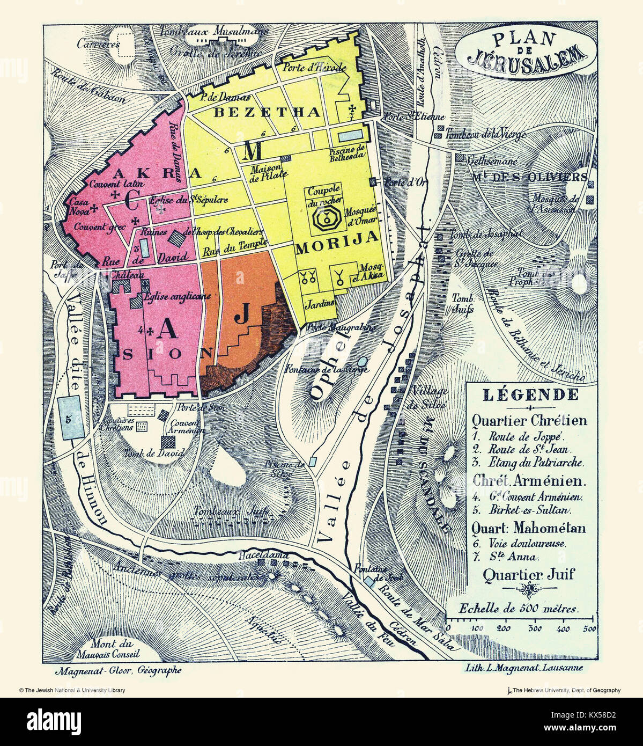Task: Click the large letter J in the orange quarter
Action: coord(242,313)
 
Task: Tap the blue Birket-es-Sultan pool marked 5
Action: coord(68,418)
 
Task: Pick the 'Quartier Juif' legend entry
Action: coord(528,574)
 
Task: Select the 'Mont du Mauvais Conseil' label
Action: coord(108,649)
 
